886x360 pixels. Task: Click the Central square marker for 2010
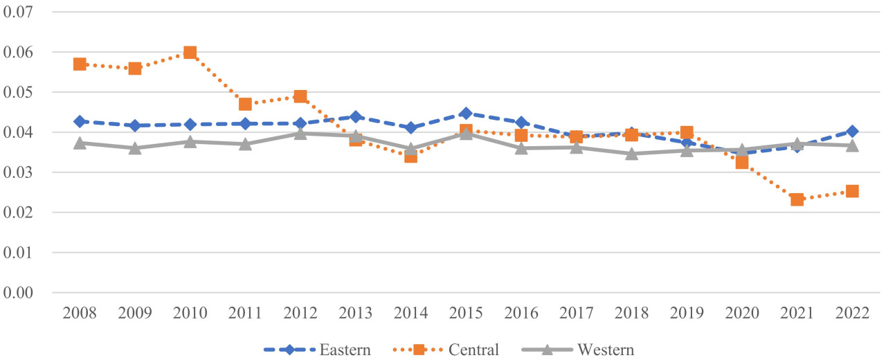(190, 53)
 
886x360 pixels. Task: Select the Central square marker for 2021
(797, 199)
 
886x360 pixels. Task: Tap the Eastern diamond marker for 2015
(466, 114)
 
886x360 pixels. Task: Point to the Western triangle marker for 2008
(80, 143)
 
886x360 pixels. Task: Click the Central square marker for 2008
(80, 64)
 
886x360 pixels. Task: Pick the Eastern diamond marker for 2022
(852, 132)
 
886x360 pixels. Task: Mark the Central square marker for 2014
(410, 156)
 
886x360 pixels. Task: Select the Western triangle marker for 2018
(631, 153)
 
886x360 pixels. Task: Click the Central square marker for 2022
(852, 191)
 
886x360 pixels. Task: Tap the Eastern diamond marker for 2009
(135, 125)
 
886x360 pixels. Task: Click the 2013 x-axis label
(355, 313)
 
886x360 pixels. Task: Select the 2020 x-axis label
(741, 313)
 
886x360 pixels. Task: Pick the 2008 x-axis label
(80, 313)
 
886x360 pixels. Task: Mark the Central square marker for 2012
(300, 96)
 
